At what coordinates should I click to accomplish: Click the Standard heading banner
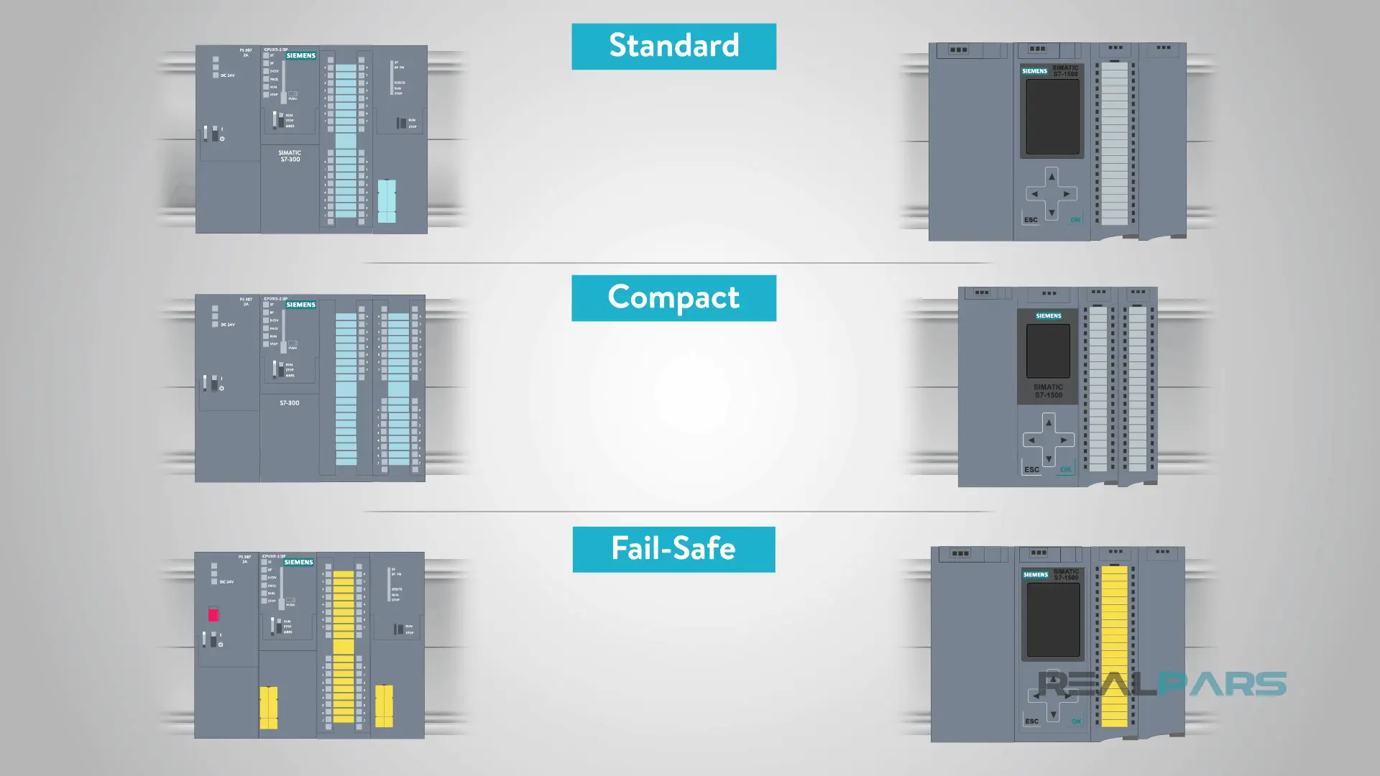coord(673,46)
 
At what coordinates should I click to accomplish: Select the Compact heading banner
coord(673,297)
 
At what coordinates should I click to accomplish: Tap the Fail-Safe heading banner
coord(673,549)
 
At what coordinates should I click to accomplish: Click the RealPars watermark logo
coord(1162,684)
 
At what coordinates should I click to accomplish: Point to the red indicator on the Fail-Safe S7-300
coord(213,614)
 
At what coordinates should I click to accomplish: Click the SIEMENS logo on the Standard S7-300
coord(300,55)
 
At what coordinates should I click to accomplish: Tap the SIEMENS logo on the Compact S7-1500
coord(1049,316)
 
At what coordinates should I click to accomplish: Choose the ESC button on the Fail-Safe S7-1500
coord(1031,721)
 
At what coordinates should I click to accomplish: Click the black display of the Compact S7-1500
coord(1048,351)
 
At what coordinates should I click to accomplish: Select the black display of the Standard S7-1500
coord(1052,116)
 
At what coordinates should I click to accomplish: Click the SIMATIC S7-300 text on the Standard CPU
coord(290,156)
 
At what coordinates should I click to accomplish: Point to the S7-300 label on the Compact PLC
coord(289,403)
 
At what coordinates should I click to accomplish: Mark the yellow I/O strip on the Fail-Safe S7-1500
coord(1115,647)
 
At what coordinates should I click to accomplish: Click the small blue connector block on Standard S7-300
coord(387,200)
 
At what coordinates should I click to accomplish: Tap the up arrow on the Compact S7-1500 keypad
coord(1049,422)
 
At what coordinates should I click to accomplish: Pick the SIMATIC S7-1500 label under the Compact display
coord(1049,391)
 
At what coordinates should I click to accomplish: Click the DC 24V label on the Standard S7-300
coord(227,75)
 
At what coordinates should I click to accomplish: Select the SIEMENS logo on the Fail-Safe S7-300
coord(298,562)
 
